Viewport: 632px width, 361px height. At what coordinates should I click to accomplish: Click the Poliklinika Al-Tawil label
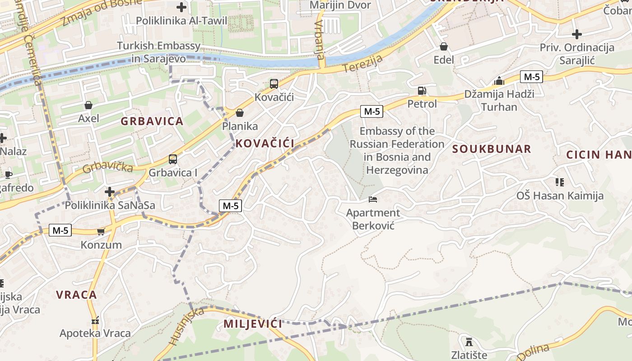click(181, 21)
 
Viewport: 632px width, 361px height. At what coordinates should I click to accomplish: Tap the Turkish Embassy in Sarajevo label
click(159, 52)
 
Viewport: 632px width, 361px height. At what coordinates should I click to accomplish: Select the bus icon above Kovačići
click(274, 83)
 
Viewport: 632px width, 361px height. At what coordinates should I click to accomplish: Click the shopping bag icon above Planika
click(240, 113)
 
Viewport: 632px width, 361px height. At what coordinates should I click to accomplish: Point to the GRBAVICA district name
click(152, 121)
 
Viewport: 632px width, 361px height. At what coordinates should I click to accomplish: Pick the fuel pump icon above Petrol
click(422, 91)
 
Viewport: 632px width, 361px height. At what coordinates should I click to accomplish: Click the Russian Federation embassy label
click(397, 150)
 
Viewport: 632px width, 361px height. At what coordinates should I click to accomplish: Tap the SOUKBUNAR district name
click(492, 149)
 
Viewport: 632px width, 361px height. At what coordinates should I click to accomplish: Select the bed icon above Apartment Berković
click(373, 199)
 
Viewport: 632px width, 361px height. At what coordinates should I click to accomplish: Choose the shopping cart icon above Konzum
click(101, 231)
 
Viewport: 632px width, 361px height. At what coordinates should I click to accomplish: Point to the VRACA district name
click(76, 295)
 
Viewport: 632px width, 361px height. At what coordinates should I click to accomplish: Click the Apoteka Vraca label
click(95, 333)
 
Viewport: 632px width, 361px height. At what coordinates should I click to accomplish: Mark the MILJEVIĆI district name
click(253, 324)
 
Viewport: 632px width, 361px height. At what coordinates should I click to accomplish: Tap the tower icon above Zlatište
click(469, 341)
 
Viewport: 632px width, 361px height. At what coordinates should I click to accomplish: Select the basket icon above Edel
click(444, 46)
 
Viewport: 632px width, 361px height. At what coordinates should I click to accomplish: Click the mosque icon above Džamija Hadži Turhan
click(499, 81)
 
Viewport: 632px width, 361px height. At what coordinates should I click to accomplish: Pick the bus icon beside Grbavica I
click(173, 159)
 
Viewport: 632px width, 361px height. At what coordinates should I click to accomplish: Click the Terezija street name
click(362, 64)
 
